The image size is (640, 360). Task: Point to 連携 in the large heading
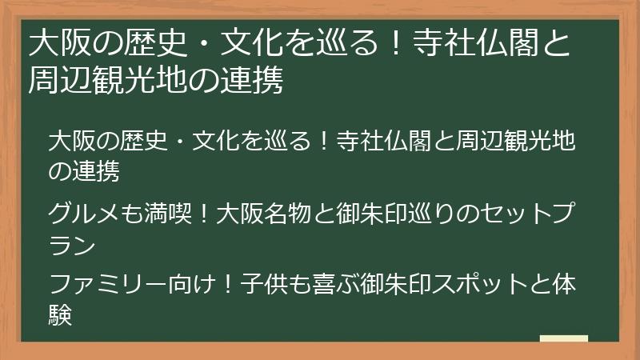[x=251, y=81]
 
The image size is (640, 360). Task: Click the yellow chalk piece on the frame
[x=564, y=338]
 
